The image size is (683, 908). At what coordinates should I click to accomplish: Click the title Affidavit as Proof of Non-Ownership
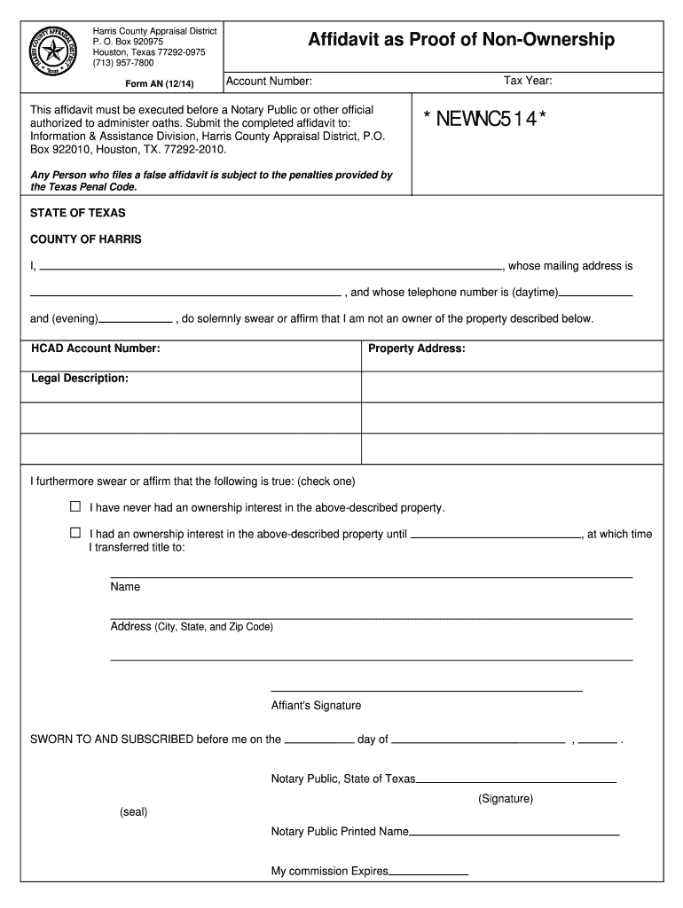click(460, 40)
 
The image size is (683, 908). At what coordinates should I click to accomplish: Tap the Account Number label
click(270, 82)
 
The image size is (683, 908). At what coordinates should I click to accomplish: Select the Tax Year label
click(528, 82)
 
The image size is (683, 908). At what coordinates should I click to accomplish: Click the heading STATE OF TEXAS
click(78, 214)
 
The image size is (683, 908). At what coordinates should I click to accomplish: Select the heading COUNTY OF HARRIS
click(86, 239)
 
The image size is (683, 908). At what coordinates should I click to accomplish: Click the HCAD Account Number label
click(96, 348)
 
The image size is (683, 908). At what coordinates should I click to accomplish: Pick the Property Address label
click(417, 348)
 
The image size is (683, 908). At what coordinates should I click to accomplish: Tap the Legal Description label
click(80, 379)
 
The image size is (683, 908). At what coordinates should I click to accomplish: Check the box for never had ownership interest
click(75, 507)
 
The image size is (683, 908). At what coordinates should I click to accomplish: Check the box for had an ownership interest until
click(75, 534)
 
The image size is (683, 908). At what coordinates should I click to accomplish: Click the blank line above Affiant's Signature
click(426, 689)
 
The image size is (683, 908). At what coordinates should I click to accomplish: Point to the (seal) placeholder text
click(133, 812)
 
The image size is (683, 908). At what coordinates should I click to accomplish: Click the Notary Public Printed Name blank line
click(514, 834)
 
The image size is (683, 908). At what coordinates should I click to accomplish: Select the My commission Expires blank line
click(428, 874)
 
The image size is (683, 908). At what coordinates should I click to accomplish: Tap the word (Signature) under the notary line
click(506, 799)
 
